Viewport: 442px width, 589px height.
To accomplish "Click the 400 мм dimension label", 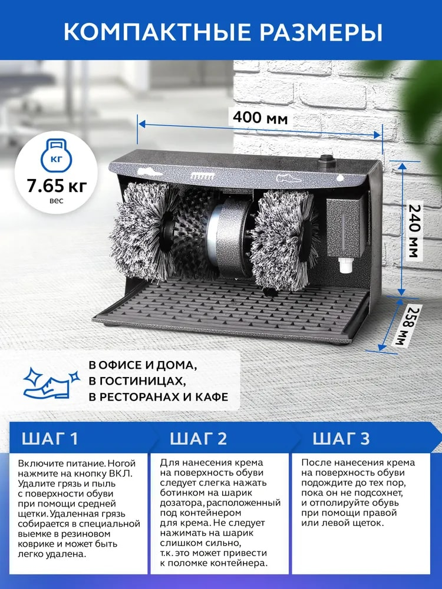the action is (x=260, y=118).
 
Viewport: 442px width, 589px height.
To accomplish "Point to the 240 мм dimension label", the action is (x=414, y=230).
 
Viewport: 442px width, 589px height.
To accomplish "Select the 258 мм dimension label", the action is (x=407, y=326).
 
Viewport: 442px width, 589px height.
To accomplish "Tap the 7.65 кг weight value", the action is (x=57, y=185).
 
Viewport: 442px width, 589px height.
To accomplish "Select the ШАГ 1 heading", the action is (x=50, y=438).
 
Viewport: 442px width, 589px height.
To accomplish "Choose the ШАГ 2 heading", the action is (x=199, y=438).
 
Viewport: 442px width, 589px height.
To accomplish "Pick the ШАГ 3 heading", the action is (x=341, y=438).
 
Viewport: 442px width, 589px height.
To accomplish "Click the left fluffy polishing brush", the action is (x=142, y=231).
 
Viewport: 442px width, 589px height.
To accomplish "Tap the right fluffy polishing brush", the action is (x=284, y=239).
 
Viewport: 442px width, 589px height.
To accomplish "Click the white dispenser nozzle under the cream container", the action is (x=345, y=266).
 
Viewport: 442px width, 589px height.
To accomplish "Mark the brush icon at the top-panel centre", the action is (x=203, y=176).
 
